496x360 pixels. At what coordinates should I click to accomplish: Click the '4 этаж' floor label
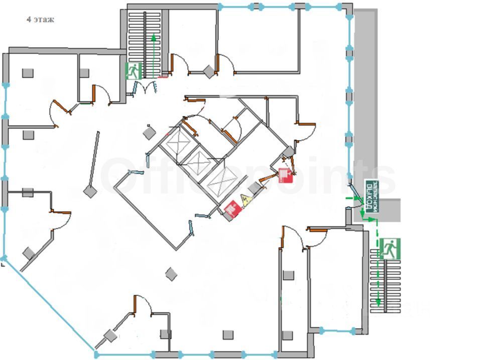[x=40, y=20]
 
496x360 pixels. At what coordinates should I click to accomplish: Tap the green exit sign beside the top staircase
[x=134, y=71]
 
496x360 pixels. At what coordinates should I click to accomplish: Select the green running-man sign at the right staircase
[x=390, y=249]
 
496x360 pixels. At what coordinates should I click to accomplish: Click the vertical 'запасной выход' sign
[x=370, y=196]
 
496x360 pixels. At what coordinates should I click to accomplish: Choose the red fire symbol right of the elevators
[x=285, y=175]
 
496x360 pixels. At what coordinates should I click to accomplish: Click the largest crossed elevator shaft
[x=221, y=181]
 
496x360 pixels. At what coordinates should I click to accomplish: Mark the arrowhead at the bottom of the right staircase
[x=377, y=303]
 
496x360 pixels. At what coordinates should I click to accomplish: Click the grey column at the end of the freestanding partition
[x=90, y=191]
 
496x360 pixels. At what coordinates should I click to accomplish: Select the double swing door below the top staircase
[x=146, y=88]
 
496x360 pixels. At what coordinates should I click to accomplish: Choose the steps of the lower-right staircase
[x=387, y=281]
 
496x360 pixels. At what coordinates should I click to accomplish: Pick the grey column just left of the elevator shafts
[x=149, y=133]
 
